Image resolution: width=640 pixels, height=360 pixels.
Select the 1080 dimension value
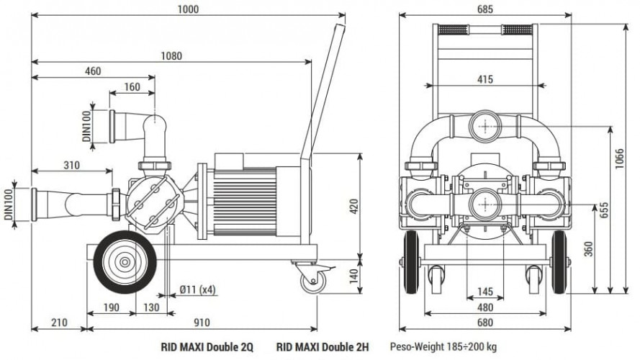coord(171,55)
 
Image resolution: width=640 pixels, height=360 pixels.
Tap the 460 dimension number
coord(91,71)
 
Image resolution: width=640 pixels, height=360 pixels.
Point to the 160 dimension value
coord(132,86)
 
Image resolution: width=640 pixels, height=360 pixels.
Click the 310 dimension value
coord(71,165)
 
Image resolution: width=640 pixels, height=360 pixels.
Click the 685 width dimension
coord(484,9)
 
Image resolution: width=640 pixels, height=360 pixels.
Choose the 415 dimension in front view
coord(484,79)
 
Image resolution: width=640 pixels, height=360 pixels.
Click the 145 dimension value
coord(484,292)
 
